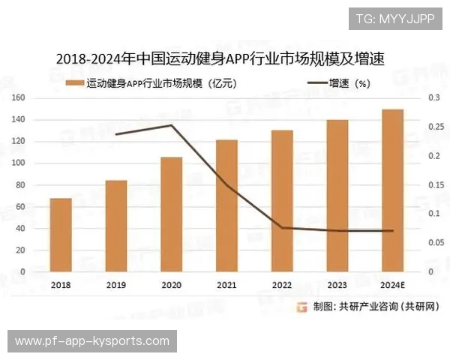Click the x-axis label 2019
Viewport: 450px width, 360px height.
116,285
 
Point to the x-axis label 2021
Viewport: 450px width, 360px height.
226,285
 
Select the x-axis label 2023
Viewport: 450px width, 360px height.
337,285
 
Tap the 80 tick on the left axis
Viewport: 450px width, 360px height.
22,184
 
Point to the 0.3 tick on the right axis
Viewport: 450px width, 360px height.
433,98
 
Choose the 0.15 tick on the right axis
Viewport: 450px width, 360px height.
435,184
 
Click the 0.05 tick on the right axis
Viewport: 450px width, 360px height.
435,242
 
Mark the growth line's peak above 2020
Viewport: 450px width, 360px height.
171,125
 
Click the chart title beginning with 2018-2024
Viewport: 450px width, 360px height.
225,58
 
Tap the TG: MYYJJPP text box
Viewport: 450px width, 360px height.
395,18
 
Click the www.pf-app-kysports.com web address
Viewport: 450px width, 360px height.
92,341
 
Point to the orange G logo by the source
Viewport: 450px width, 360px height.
301,306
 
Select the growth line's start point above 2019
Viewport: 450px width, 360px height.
116,134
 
